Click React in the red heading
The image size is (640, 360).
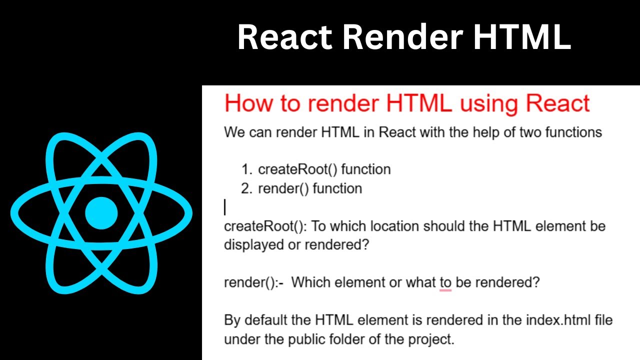tap(558, 103)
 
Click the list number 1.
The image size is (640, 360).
tap(245, 169)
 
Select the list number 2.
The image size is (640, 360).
tap(245, 188)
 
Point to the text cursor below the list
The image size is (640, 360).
tap(225, 207)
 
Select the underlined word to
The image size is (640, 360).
tap(445, 282)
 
